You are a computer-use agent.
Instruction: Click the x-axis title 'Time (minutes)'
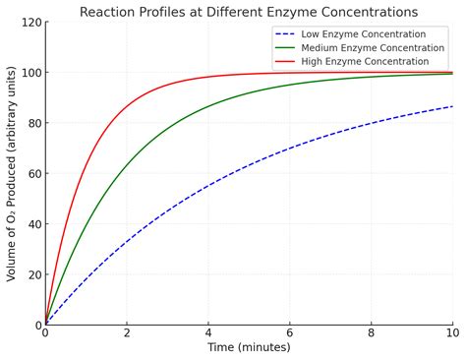249,347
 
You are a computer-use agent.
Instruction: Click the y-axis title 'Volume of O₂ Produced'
12,174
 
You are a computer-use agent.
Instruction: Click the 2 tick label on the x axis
127,333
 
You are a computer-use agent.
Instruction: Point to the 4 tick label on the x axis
208,333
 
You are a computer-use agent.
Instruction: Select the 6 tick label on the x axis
290,333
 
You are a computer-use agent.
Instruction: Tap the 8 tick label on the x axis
372,333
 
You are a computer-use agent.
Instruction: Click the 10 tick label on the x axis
452,333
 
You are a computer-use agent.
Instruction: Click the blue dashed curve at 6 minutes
290,149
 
